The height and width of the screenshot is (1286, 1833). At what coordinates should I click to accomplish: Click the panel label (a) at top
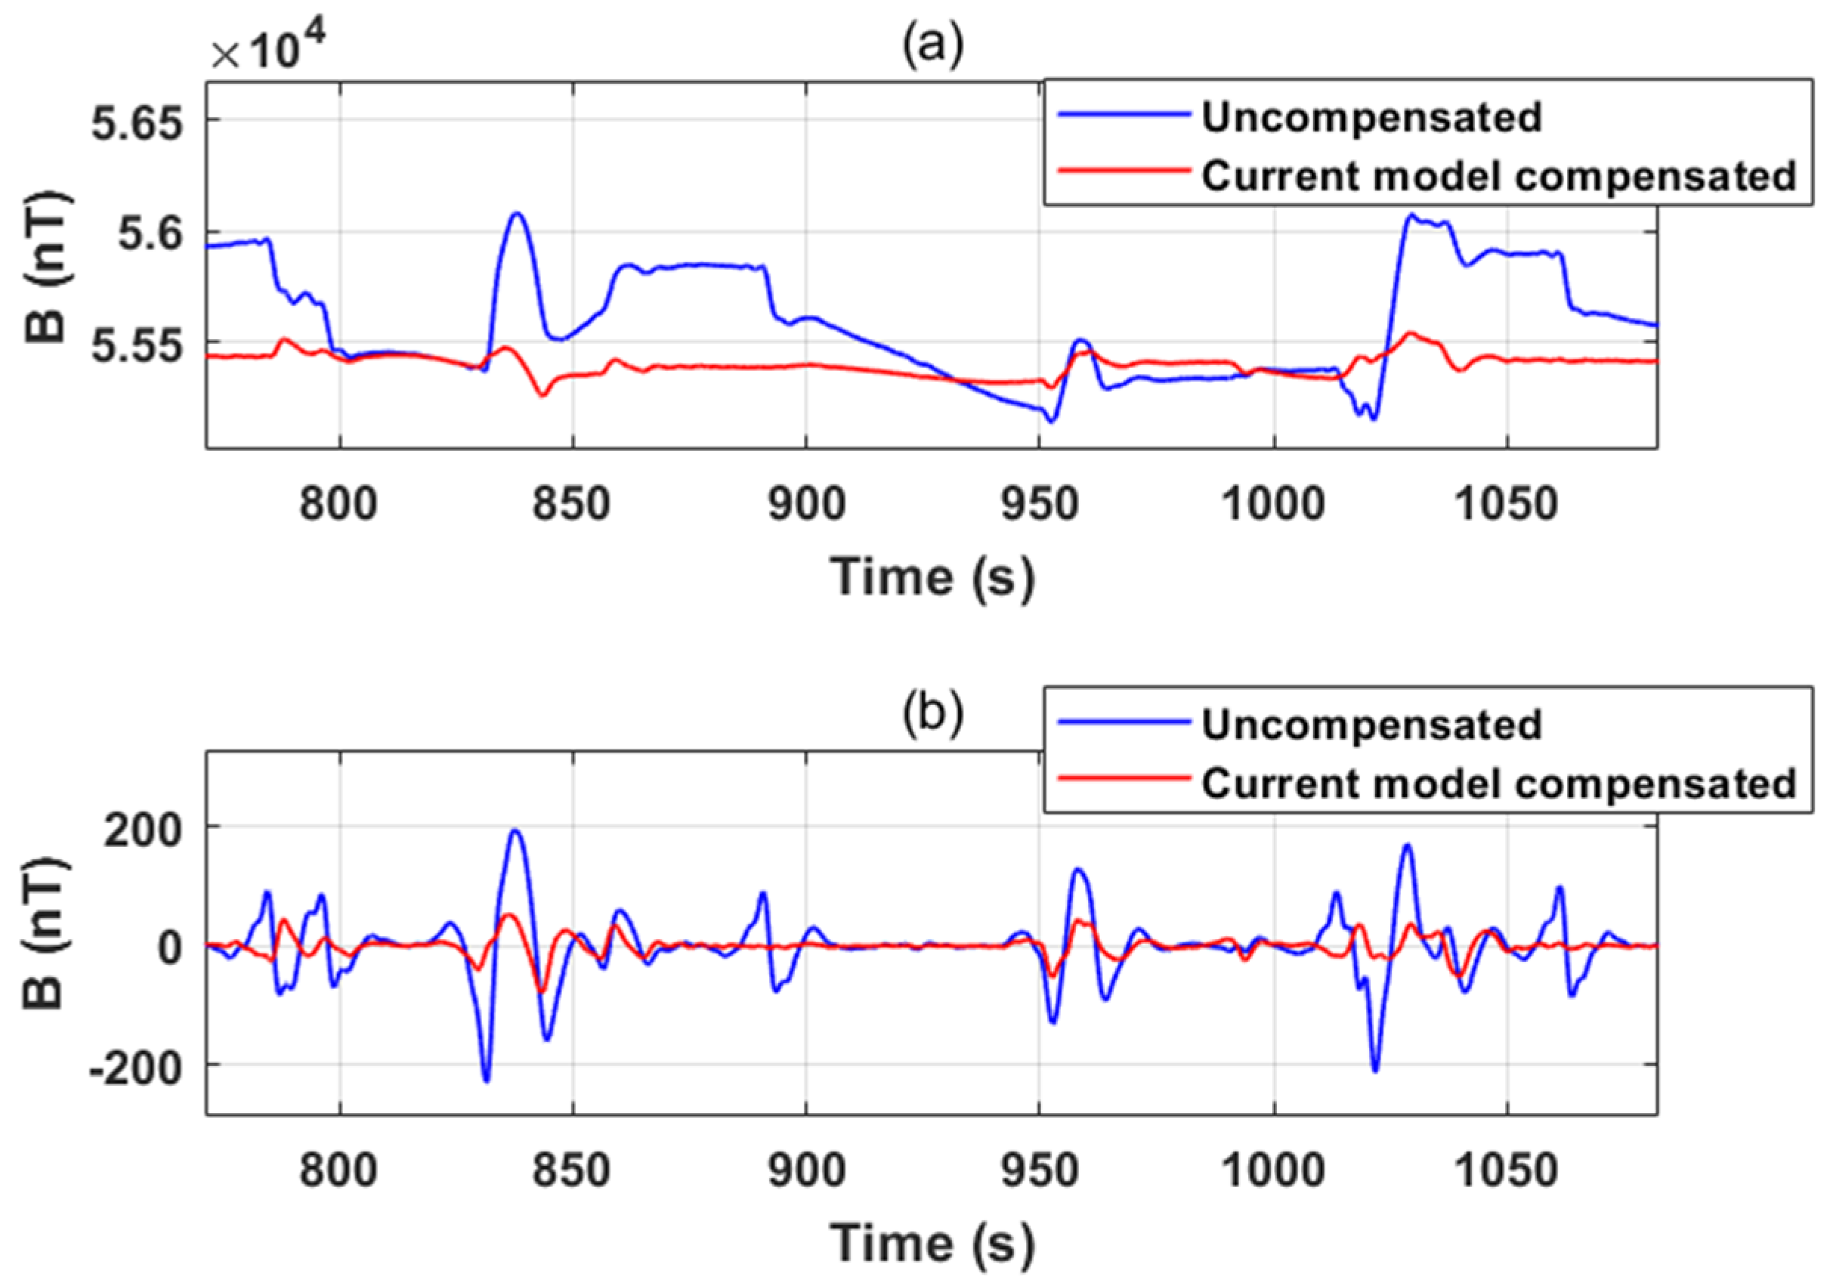932,45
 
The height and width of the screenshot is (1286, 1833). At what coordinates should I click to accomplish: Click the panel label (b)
932,713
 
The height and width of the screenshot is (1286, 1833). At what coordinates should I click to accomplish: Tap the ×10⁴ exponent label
269,48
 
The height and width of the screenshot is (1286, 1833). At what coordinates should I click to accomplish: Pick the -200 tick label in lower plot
136,1069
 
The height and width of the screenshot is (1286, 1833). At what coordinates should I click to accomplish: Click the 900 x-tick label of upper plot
805,505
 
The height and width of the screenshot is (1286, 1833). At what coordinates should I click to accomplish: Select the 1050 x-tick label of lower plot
1507,1171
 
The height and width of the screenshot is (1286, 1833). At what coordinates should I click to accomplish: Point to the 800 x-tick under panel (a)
338,505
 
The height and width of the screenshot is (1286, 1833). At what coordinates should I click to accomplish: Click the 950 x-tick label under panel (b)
1040,1171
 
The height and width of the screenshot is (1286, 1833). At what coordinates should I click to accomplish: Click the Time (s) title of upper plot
932,577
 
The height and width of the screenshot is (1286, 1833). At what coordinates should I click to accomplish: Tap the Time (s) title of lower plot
932,1243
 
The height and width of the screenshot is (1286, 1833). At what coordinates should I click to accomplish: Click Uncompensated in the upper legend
1371,117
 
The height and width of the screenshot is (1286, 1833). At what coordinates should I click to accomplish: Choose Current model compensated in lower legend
1498,783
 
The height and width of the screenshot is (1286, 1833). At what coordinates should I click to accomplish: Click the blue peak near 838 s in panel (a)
518,213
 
